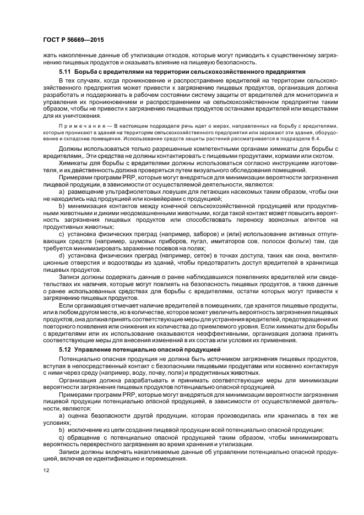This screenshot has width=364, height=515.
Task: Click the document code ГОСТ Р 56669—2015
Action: [x=73, y=41]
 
